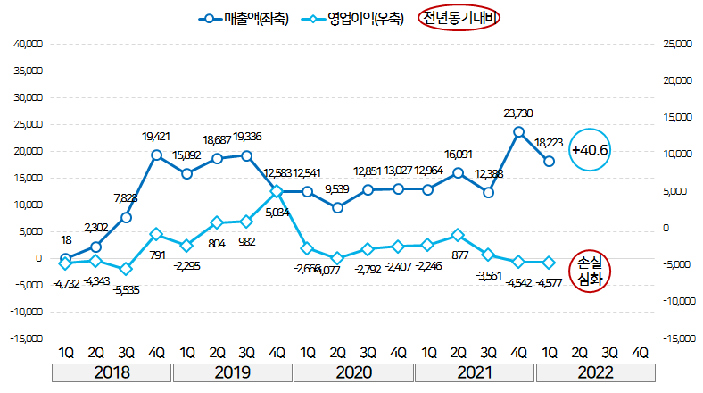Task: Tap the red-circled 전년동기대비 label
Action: [461, 19]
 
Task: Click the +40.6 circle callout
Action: [591, 150]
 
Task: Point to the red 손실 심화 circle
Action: [591, 271]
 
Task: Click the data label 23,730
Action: [519, 113]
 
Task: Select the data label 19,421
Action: [157, 137]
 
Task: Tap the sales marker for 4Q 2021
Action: [518, 132]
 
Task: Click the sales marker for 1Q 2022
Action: [550, 161]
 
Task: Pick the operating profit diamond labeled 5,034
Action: [277, 191]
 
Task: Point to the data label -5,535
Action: [126, 291]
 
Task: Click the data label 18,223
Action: [550, 142]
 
